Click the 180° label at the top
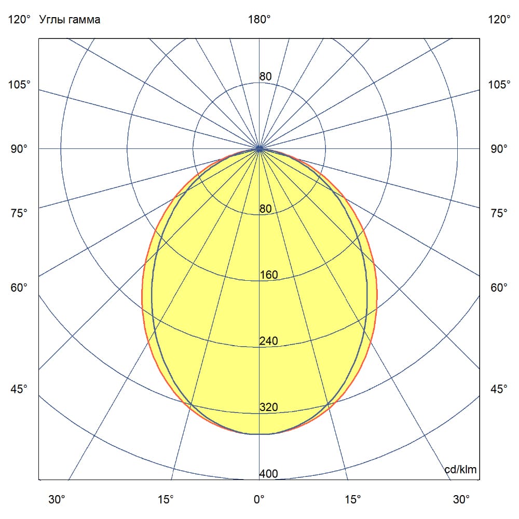tap(259, 20)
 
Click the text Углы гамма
tap(70, 20)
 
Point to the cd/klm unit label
tap(460, 470)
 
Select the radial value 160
tap(269, 275)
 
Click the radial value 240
tap(269, 341)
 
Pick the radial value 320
tap(269, 407)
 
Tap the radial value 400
tap(269, 474)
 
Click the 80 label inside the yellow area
tap(266, 209)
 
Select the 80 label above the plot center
tap(266, 77)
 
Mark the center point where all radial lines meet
tap(259, 149)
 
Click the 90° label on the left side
tap(19, 149)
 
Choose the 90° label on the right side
tap(499, 149)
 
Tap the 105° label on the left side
tap(19, 85)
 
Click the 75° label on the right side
tap(499, 213)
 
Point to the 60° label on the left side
tap(19, 288)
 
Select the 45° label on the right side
tap(499, 389)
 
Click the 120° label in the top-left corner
tap(19, 20)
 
